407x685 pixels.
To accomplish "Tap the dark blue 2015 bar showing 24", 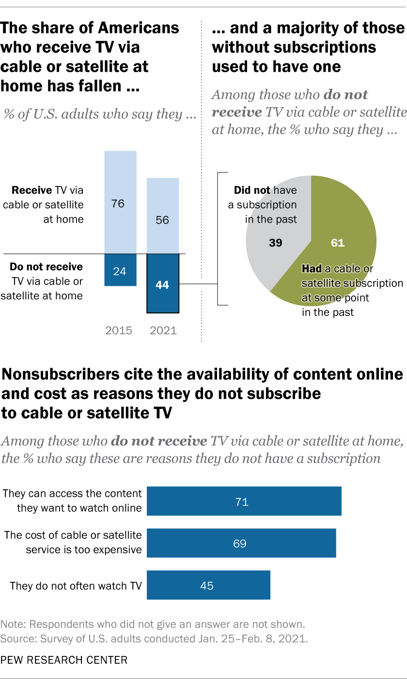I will tap(120, 270).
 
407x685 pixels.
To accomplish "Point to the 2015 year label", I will tap(119, 331).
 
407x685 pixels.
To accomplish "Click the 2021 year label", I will tap(163, 331).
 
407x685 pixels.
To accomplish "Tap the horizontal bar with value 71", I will tap(244, 502).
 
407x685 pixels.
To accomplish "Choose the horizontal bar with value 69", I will tap(241, 544).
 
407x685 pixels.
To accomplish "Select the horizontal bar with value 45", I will tap(208, 585).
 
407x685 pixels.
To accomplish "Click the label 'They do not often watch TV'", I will tap(76, 586).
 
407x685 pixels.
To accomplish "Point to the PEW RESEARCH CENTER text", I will tap(64, 659).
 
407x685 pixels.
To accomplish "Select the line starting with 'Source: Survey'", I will tap(154, 638).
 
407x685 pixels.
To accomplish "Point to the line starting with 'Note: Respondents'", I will tap(153, 624).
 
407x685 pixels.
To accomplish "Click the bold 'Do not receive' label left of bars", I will tap(47, 267).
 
